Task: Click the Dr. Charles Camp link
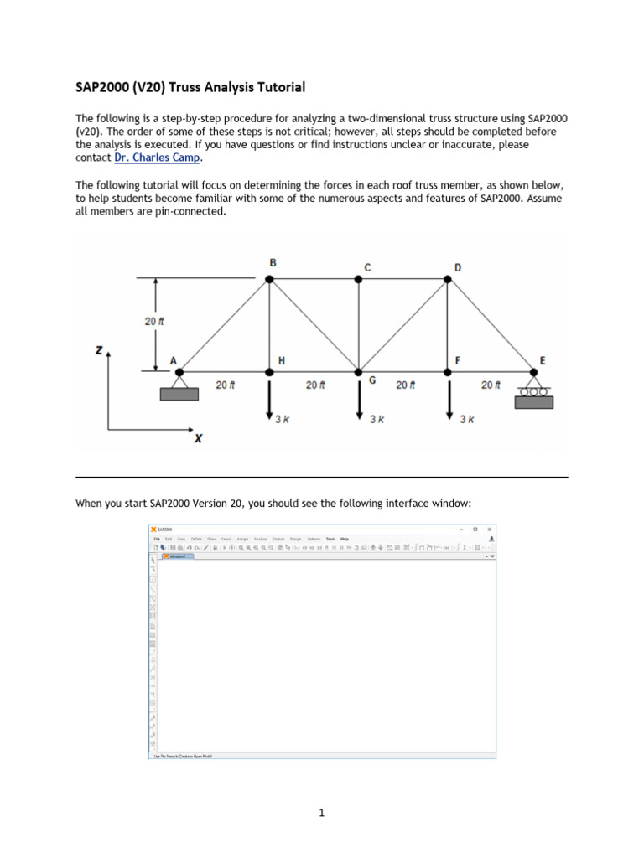click(x=158, y=158)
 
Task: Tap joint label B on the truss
click(x=273, y=262)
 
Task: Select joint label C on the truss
click(x=366, y=267)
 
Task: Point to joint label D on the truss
click(x=457, y=267)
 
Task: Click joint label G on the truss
click(x=372, y=380)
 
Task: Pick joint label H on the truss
click(x=282, y=360)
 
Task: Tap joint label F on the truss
click(x=457, y=360)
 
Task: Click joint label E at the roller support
click(x=542, y=360)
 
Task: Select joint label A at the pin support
click(x=174, y=361)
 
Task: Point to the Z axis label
click(x=100, y=351)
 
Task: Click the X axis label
click(x=199, y=437)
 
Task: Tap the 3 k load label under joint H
click(x=283, y=419)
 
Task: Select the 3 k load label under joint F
click(x=467, y=419)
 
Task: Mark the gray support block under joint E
click(x=534, y=402)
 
